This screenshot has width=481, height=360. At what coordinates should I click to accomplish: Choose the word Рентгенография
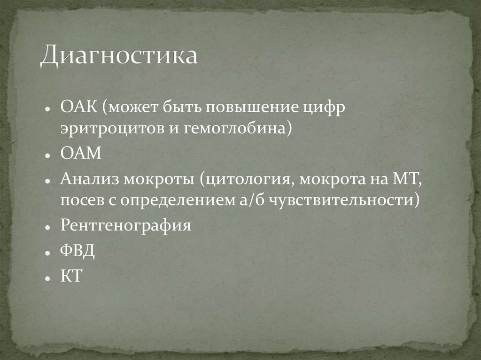pyautogui.click(x=125, y=226)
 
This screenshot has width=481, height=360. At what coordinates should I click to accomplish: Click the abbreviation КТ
pyautogui.click(x=71, y=276)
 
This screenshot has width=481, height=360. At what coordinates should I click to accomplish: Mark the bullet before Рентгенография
pyautogui.click(x=48, y=227)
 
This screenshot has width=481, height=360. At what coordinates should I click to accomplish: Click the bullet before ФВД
pyautogui.click(x=48, y=252)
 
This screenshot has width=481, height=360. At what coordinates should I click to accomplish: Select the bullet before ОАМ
pyautogui.click(x=48, y=154)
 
